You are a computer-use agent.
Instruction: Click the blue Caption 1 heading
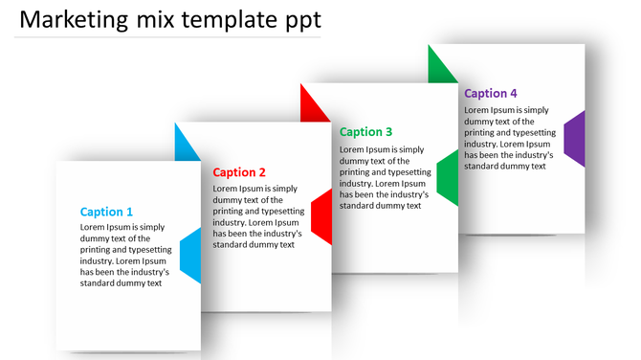106,212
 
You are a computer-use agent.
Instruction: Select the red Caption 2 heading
239,172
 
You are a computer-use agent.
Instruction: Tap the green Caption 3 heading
366,132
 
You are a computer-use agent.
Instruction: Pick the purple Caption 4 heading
491,93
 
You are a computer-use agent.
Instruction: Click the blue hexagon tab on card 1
190,256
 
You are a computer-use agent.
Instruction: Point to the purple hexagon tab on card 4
574,139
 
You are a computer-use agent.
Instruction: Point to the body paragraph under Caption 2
257,216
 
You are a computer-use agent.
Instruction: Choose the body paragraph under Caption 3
383,177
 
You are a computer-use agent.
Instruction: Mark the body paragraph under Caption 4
507,138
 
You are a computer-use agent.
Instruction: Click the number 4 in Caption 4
514,93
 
